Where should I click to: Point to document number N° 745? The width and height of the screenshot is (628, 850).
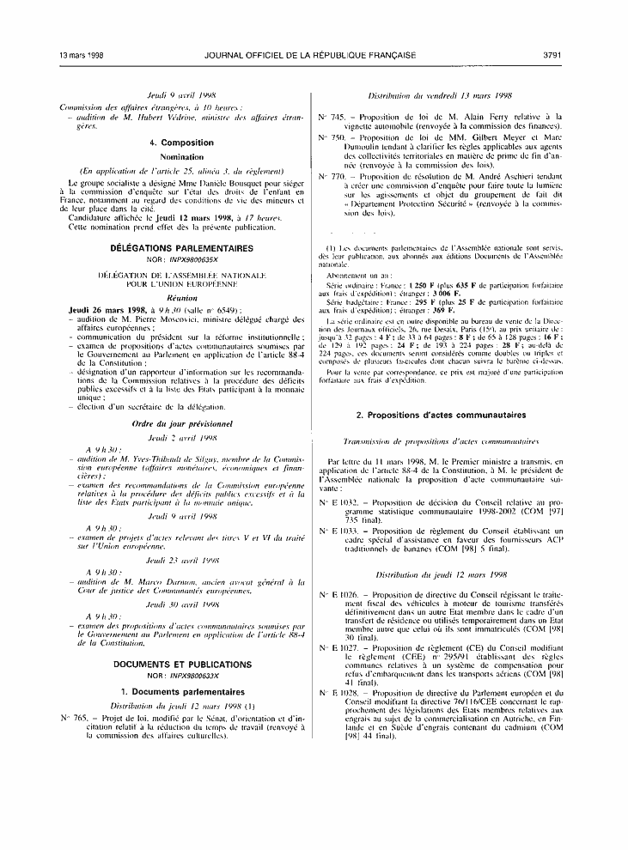[330, 116]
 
